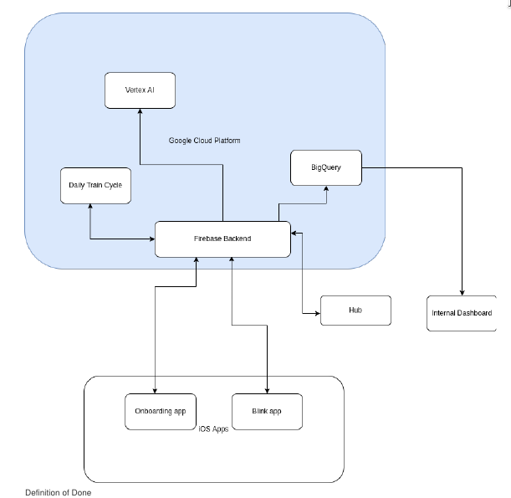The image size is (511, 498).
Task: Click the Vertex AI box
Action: (139, 90)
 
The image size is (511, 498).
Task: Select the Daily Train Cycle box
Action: (96, 185)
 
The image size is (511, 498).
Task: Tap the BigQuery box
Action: (325, 167)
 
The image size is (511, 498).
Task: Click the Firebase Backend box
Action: (222, 239)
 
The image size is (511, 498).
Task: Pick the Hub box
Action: (355, 311)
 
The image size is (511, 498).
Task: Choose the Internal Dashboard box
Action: (462, 313)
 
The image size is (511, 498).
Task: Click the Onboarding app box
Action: (160, 412)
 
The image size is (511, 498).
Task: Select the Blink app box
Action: (266, 412)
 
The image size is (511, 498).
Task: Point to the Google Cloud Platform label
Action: (204, 141)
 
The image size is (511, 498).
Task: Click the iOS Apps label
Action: (213, 429)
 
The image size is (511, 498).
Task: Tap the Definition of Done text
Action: (58, 493)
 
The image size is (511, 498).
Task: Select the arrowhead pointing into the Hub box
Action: (317, 314)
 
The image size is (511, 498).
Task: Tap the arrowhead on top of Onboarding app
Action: (156, 388)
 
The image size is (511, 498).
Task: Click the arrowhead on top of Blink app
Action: (266, 388)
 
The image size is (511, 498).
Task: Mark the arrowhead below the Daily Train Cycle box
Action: (89, 208)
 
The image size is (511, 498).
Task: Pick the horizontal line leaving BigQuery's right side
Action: (410, 167)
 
